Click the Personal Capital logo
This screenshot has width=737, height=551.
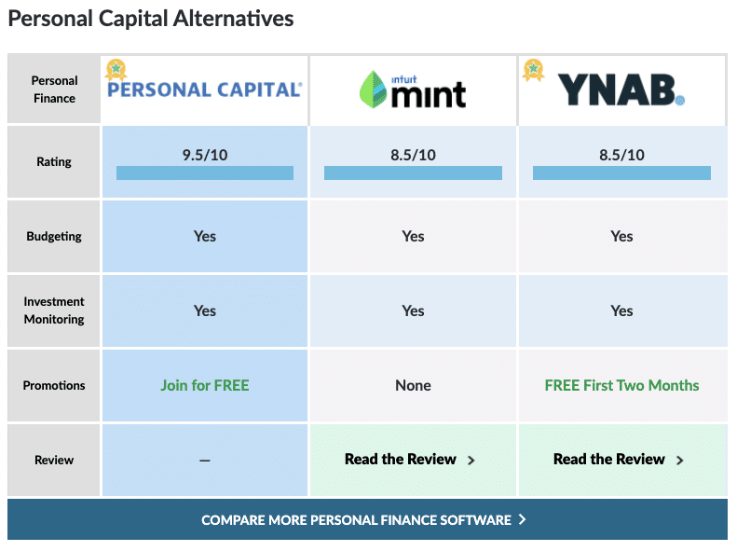coord(204,90)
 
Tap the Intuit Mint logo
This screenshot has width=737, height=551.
coord(413,90)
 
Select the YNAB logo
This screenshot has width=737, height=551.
coord(621,90)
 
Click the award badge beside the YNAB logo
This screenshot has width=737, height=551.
coord(534,70)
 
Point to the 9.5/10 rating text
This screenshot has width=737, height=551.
coord(205,155)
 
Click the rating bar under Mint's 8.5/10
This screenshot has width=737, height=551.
coord(413,172)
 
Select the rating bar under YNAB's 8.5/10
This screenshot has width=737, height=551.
coord(621,172)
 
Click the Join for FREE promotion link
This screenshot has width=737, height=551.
coord(205,385)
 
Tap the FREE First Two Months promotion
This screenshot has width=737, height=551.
coord(621,385)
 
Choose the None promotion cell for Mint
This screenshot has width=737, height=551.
coord(413,385)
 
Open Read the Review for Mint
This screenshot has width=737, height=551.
coord(410,459)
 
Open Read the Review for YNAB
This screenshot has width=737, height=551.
coord(619,459)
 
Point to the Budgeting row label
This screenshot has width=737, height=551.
coord(54,236)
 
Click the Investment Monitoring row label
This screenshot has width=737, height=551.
coord(54,310)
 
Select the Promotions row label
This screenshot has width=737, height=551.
coord(54,385)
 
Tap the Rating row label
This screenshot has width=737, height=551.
coord(54,161)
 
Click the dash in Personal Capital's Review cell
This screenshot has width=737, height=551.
coord(205,461)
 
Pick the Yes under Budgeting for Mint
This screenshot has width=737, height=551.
coord(413,236)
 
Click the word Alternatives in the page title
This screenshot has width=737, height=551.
coord(233,19)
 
